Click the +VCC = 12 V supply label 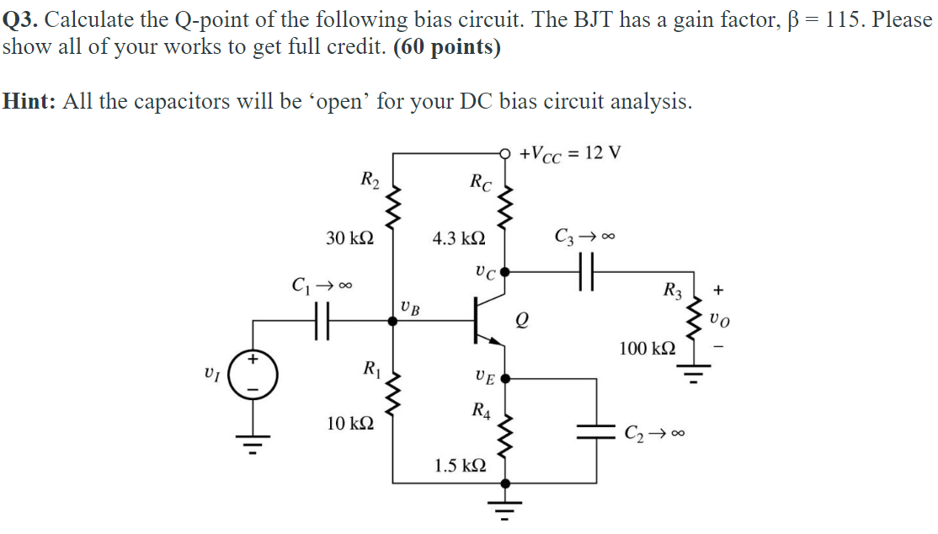(x=570, y=153)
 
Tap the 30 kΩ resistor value (x=349, y=238)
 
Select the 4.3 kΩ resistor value (x=458, y=239)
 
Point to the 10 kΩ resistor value (x=349, y=423)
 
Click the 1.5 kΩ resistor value (x=460, y=465)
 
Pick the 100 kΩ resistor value (x=647, y=348)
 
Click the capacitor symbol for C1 (x=320, y=320)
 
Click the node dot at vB (x=392, y=320)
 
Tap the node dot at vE (x=504, y=379)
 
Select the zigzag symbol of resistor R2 (x=392, y=206)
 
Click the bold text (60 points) (x=446, y=47)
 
